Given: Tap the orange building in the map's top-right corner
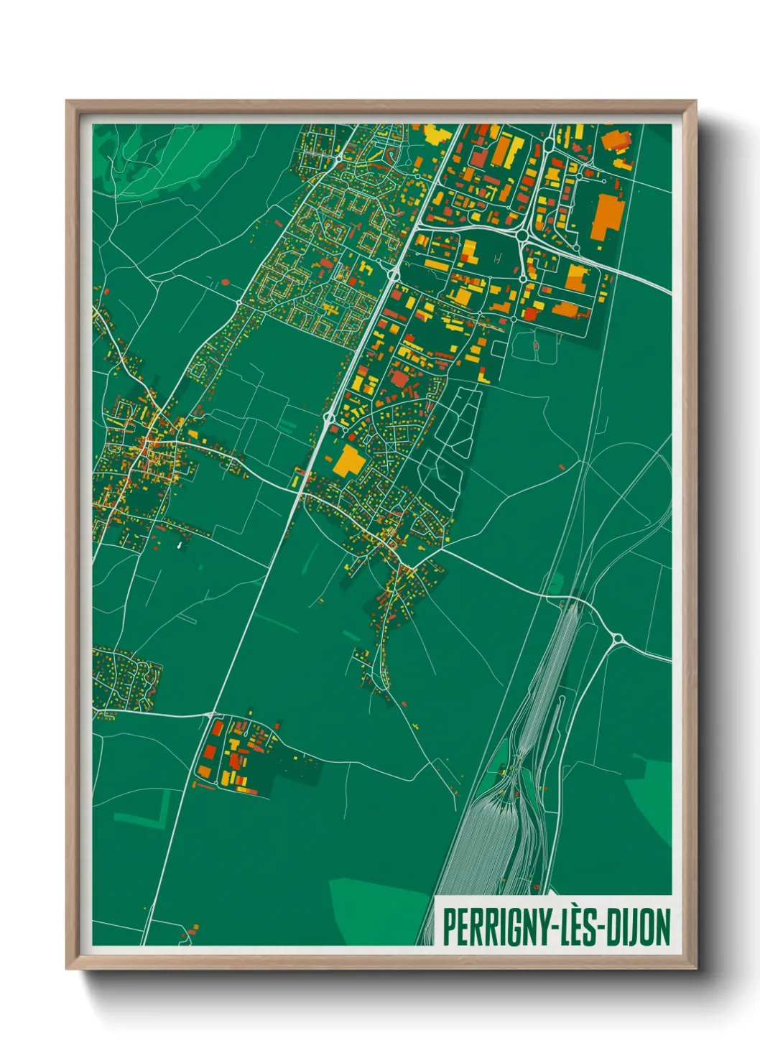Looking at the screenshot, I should [x=616, y=139].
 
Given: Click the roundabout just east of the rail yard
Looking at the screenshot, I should [x=616, y=638].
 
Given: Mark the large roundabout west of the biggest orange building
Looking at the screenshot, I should [x=522, y=235].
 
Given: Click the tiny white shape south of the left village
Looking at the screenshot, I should [x=178, y=546].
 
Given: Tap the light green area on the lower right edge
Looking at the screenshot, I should [x=650, y=797].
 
